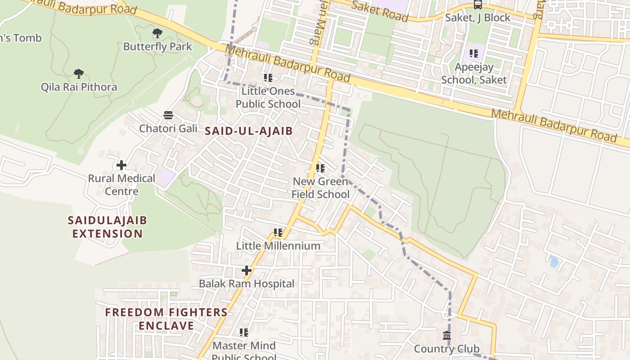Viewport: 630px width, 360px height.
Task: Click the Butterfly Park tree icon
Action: [x=157, y=33]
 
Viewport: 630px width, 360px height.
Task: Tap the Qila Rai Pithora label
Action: [x=79, y=87]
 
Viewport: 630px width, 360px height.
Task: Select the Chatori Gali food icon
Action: [x=168, y=115]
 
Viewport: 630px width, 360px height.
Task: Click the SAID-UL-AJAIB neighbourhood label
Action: [x=249, y=131]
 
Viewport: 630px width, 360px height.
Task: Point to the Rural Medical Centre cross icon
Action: [x=121, y=165]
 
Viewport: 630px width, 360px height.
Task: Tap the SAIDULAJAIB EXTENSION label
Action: [x=107, y=227]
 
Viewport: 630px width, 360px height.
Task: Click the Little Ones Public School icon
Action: [x=268, y=78]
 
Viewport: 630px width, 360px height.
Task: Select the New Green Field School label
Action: [x=320, y=188]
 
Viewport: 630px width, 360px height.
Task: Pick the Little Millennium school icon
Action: [x=278, y=233]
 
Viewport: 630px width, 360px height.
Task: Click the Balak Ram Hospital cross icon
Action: [x=246, y=270]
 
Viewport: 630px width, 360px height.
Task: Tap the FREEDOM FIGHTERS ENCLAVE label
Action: [x=166, y=319]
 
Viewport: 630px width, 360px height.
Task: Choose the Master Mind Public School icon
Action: [x=244, y=333]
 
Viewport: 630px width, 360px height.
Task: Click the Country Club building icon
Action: [x=447, y=335]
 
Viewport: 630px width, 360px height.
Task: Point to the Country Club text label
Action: [x=446, y=349]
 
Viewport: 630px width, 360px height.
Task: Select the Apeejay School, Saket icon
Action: [x=474, y=54]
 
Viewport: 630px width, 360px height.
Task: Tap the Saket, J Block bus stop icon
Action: [x=478, y=5]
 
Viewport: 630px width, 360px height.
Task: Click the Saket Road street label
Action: [x=379, y=11]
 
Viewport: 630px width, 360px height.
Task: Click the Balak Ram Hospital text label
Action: [x=247, y=284]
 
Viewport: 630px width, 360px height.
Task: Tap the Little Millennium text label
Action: [x=278, y=246]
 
